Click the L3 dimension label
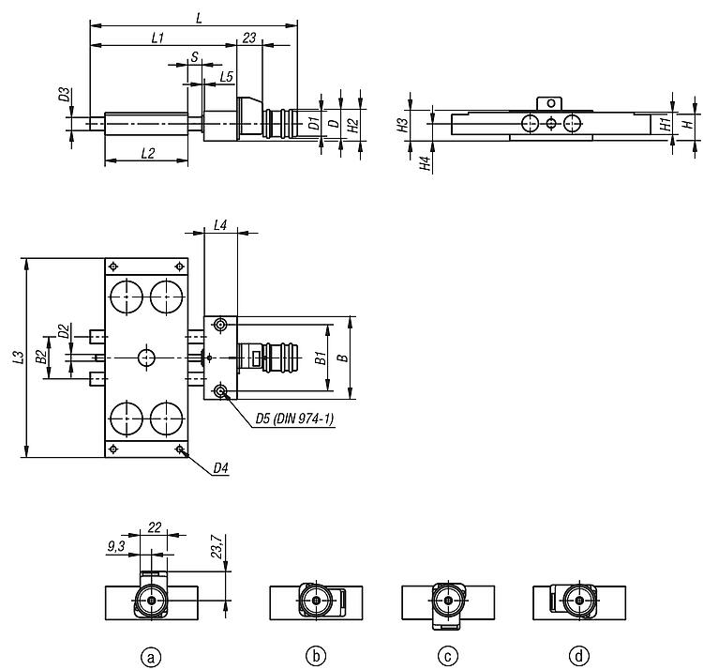(19, 358)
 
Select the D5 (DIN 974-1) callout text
(294, 419)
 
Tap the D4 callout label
(220, 468)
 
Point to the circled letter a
(151, 658)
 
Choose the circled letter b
(316, 657)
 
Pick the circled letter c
(447, 657)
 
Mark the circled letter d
(579, 657)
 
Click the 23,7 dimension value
(217, 546)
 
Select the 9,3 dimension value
(116, 546)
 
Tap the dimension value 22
(155, 526)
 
